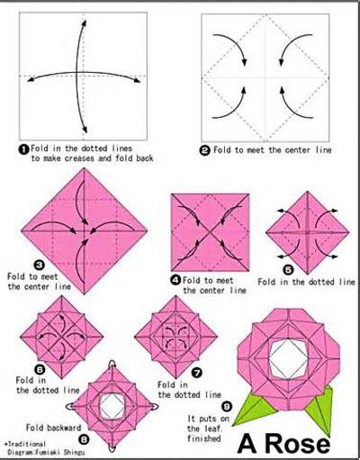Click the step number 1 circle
24,149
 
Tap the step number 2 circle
205,150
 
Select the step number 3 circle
40,265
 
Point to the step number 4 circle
175,280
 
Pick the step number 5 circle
288,270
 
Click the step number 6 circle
40,370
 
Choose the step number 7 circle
196,373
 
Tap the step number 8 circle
84,439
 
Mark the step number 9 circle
227,407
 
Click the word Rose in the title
298,444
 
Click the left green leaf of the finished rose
255,410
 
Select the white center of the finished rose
288,357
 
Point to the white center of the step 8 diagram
112,407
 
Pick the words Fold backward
54,428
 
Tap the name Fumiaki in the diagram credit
49,452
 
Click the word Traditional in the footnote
27,444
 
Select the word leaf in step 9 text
213,428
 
